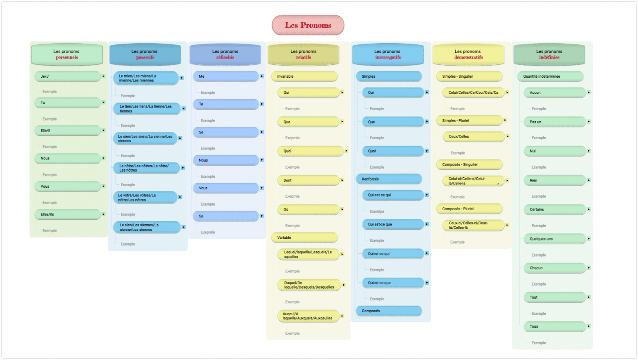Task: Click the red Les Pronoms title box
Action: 308,25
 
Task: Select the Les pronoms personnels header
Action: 66,54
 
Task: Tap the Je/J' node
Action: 67,76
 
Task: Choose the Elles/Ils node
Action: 67,214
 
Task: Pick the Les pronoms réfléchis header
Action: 225,54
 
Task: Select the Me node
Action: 226,76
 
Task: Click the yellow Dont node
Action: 308,180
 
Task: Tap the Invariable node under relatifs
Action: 304,76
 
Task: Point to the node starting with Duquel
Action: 309,285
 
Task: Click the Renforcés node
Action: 389,179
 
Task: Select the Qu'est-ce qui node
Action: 393,254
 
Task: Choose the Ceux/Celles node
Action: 474,136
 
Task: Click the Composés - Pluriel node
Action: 469,208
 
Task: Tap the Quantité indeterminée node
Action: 550,76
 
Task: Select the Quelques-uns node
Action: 555,239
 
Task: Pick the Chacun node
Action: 555,268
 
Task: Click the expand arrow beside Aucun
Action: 589,93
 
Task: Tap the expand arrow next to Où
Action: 342,209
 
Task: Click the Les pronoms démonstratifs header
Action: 468,54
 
